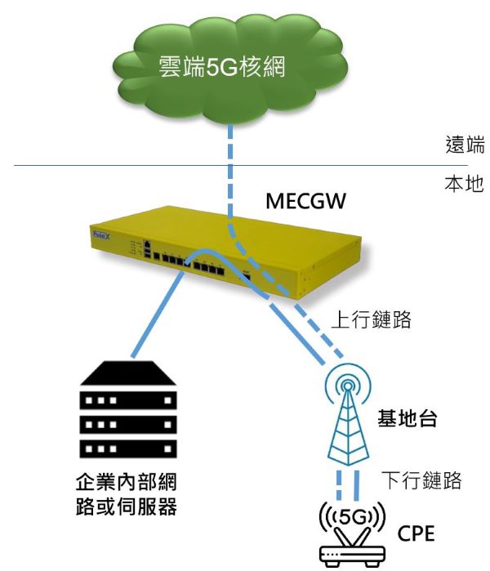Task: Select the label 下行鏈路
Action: (x=422, y=480)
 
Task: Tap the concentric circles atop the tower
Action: (x=347, y=384)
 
